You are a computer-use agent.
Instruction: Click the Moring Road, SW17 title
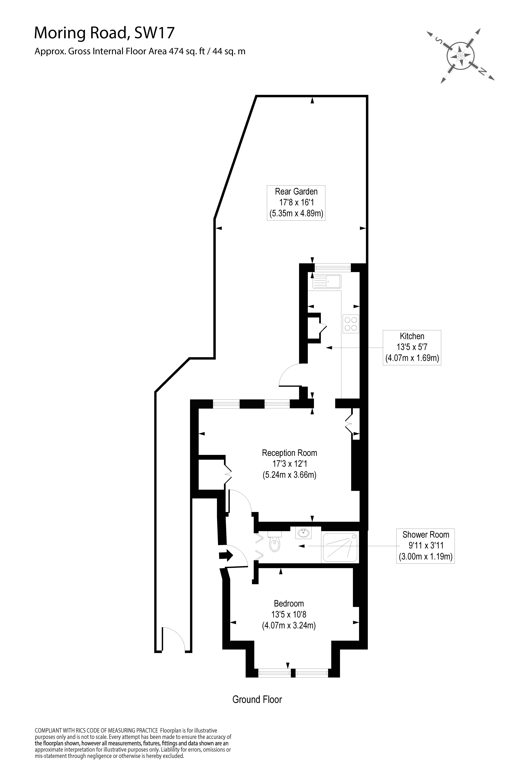(104, 33)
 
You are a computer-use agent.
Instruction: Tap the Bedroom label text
(289, 603)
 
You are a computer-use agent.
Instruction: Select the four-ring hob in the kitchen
(351, 324)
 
